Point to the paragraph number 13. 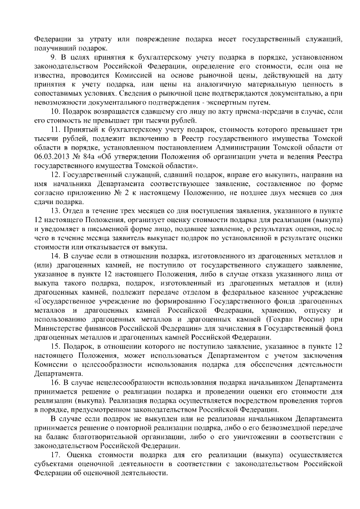[55, 210]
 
